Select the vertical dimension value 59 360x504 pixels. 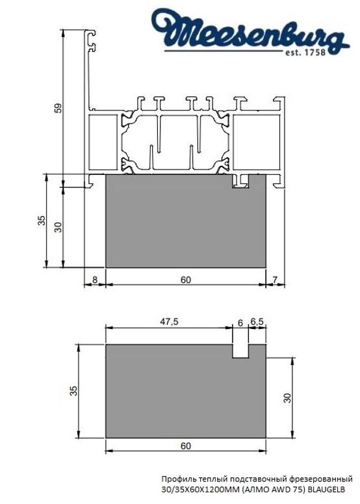(x=57, y=109)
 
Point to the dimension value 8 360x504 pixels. (x=95, y=280)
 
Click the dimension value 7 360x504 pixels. (x=275, y=280)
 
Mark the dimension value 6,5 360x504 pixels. (x=257, y=322)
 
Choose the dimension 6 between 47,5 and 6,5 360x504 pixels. (x=240, y=322)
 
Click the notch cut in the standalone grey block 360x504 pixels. (x=240, y=351)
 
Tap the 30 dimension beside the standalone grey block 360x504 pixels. (x=287, y=397)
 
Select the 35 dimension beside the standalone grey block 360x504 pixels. (x=73, y=391)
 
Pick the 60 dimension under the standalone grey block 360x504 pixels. (x=186, y=446)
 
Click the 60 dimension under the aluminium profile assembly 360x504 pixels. (x=186, y=280)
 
